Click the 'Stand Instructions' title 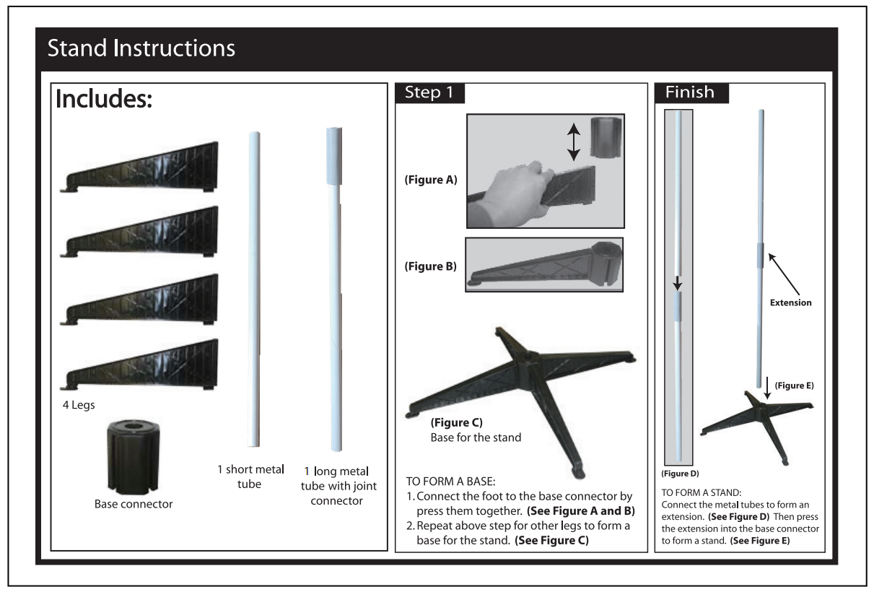point(141,49)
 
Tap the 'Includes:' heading point(104,100)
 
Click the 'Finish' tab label point(689,92)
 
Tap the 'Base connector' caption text point(134,504)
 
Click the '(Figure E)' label point(794,386)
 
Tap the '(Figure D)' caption point(680,474)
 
